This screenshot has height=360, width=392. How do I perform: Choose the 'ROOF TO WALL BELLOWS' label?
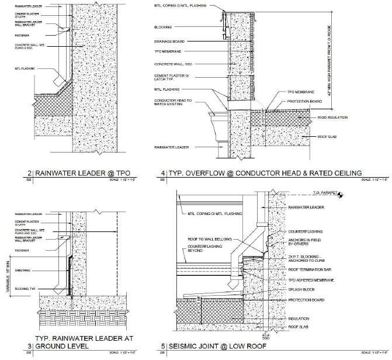pos(204,238)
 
